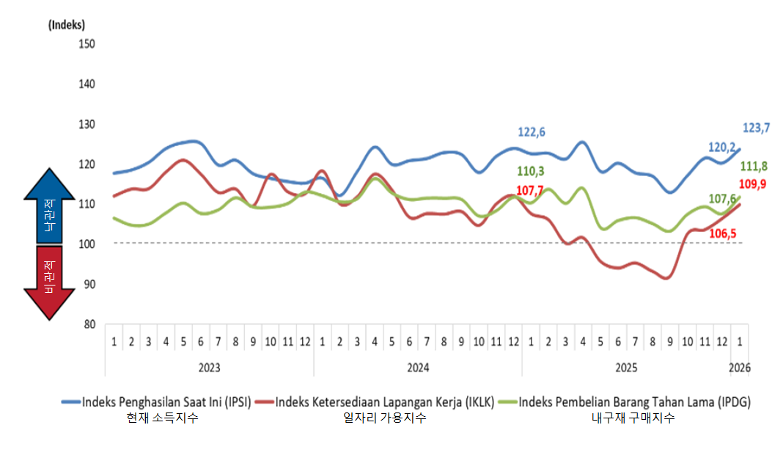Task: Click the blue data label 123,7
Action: point(756,128)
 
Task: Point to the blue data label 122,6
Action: point(532,132)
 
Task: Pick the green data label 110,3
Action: point(532,171)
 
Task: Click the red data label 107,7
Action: point(532,190)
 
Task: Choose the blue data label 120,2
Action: point(723,147)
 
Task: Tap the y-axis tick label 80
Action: point(89,324)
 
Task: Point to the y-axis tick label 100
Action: point(87,244)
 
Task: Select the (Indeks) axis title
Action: point(66,24)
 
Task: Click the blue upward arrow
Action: point(48,206)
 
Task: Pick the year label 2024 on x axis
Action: point(418,367)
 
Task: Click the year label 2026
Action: point(739,367)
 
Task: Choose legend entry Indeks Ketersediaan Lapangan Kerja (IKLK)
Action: point(385,402)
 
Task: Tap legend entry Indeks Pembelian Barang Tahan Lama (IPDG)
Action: point(635,402)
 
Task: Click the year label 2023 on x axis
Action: point(209,367)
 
